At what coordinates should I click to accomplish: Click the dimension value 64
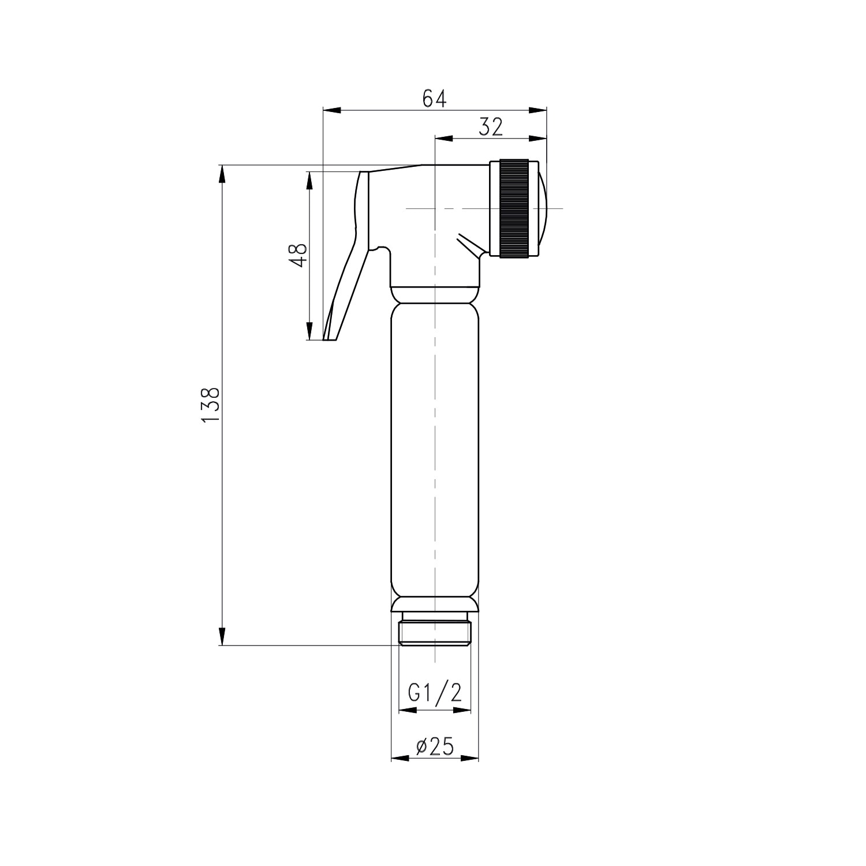point(434,99)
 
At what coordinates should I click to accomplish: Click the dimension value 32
point(491,127)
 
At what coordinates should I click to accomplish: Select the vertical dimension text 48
point(298,255)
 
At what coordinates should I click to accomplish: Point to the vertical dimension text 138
point(211,405)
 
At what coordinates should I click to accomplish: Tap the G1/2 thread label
point(435,692)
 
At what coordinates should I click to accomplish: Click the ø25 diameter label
point(435,747)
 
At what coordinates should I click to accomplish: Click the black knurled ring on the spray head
point(514,208)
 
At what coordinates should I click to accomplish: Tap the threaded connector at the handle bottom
point(435,633)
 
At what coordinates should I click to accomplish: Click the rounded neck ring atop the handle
point(435,295)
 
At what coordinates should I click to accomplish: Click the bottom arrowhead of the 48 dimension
point(309,331)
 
